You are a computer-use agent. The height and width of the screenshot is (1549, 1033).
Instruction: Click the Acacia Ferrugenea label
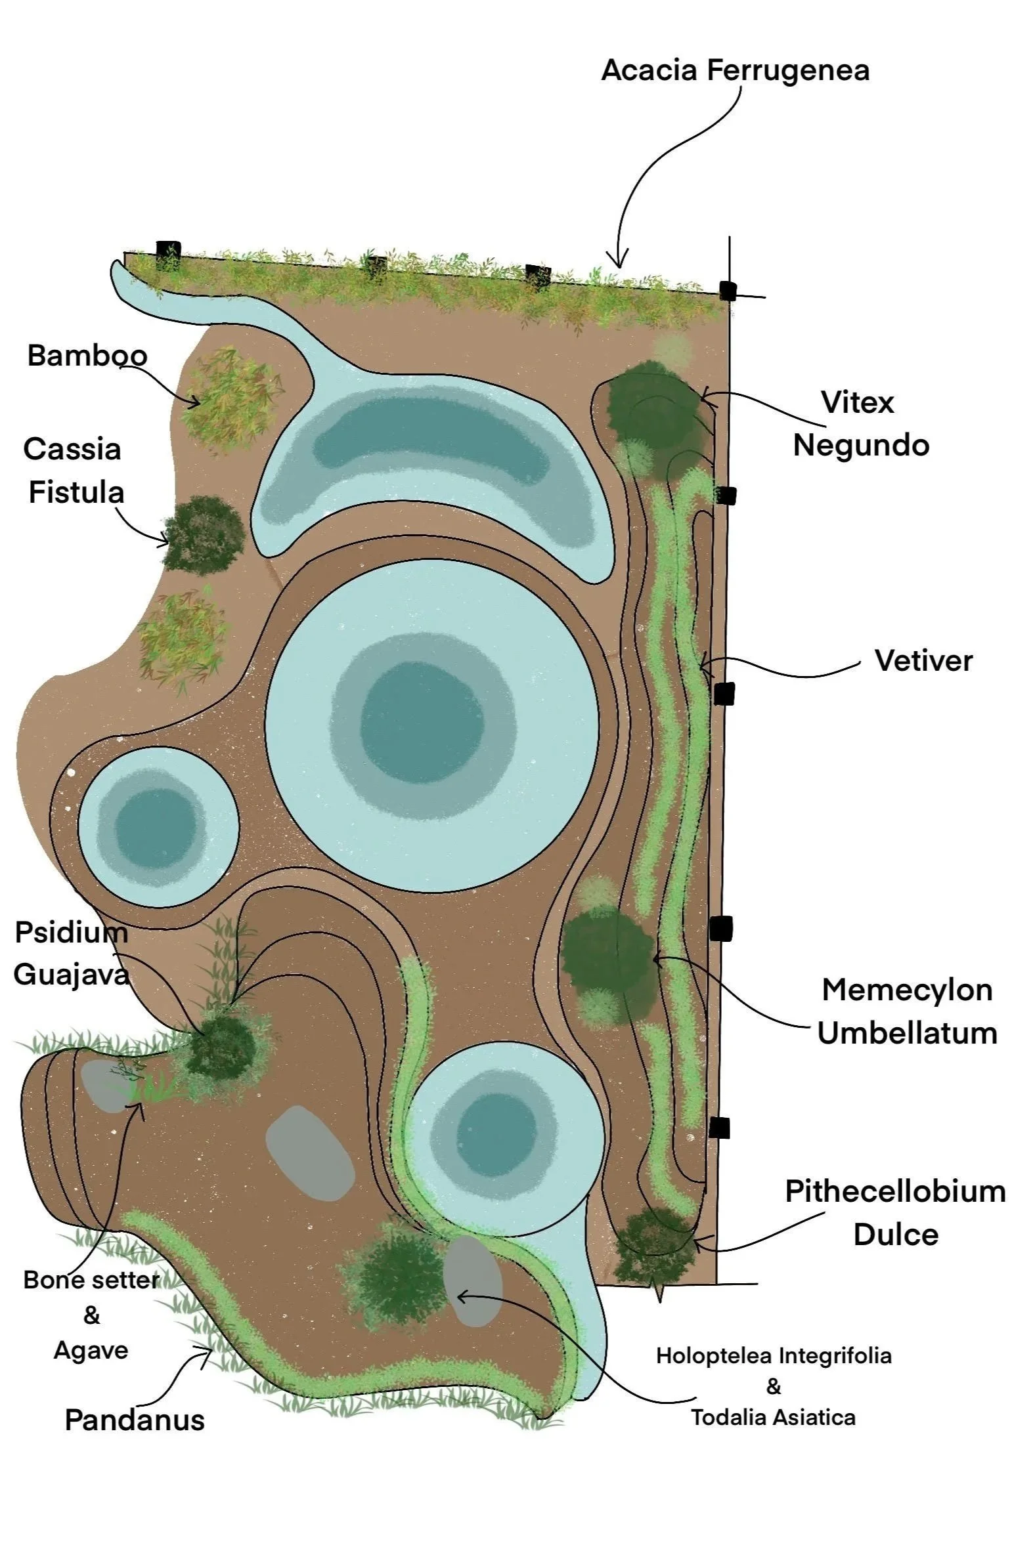coord(735,70)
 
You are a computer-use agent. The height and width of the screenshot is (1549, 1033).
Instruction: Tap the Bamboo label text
coord(87,356)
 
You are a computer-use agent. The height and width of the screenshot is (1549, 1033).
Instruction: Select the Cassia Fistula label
coord(74,471)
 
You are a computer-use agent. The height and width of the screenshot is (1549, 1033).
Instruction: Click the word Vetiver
coord(923,661)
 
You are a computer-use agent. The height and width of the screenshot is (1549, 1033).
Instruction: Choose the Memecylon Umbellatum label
coord(906,1011)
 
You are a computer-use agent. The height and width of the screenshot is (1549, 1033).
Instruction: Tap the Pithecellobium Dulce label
coord(894,1212)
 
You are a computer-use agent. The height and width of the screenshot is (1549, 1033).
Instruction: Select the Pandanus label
coord(135,1420)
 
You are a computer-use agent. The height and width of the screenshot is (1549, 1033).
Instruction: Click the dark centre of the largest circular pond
coord(422,722)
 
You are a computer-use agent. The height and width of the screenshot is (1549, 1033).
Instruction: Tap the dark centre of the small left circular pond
coord(156,827)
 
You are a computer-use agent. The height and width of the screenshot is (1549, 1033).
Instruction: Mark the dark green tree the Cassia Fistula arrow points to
coord(203,534)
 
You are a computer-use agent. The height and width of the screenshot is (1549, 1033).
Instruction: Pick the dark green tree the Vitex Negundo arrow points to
coord(652,402)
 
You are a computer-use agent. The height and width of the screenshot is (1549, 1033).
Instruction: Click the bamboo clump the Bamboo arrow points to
coord(232,398)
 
